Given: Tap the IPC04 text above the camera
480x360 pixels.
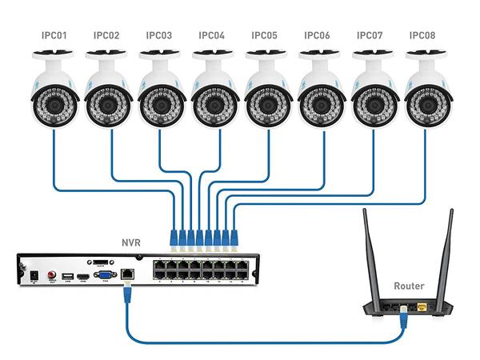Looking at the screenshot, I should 212,35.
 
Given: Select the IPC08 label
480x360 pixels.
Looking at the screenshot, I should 422,35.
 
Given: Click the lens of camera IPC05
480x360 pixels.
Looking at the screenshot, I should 265,103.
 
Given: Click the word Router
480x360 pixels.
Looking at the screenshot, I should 410,286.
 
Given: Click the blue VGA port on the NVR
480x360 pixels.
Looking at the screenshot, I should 103,276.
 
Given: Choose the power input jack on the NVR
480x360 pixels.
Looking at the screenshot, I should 34,275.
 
